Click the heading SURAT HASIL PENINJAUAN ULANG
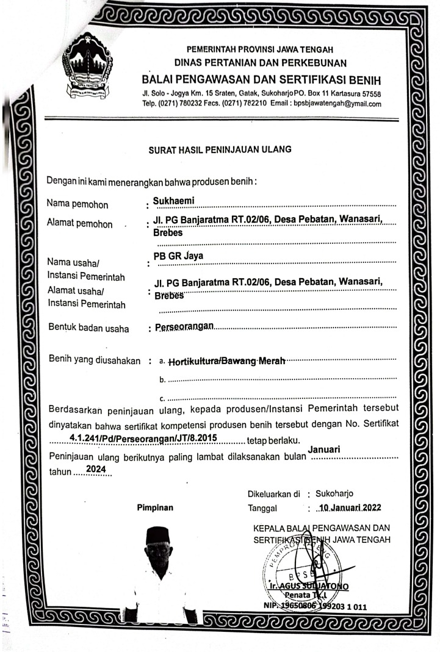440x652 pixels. point(220,149)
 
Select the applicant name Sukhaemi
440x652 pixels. point(174,199)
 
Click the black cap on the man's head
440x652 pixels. point(158,534)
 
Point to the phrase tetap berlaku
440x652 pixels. point(271,440)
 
